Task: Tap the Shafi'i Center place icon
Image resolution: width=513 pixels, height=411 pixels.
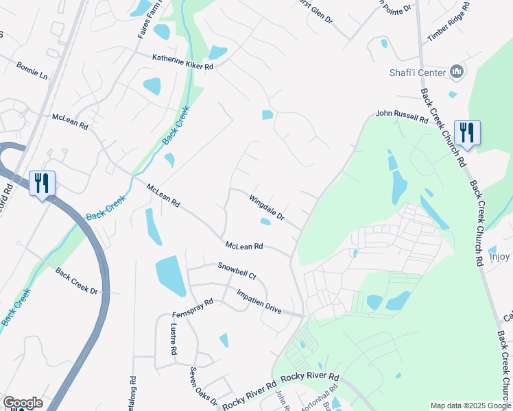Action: [457, 71]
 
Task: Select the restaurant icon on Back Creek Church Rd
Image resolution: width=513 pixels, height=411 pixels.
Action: [467, 132]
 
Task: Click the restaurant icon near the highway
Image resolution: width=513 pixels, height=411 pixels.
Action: [42, 184]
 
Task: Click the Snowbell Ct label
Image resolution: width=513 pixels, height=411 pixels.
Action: [237, 271]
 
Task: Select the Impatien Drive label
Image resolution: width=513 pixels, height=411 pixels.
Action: [259, 301]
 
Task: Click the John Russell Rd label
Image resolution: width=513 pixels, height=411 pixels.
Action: [402, 118]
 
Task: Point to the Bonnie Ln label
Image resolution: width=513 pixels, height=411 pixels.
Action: [32, 71]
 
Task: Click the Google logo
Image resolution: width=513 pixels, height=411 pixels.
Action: [23, 403]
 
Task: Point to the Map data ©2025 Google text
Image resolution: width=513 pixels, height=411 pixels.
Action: [470, 406]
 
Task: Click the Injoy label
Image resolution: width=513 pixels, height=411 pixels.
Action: [500, 257]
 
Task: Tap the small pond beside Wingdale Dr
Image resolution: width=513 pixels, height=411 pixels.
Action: [265, 221]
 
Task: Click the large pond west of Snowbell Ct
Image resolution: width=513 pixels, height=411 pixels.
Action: [171, 275]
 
